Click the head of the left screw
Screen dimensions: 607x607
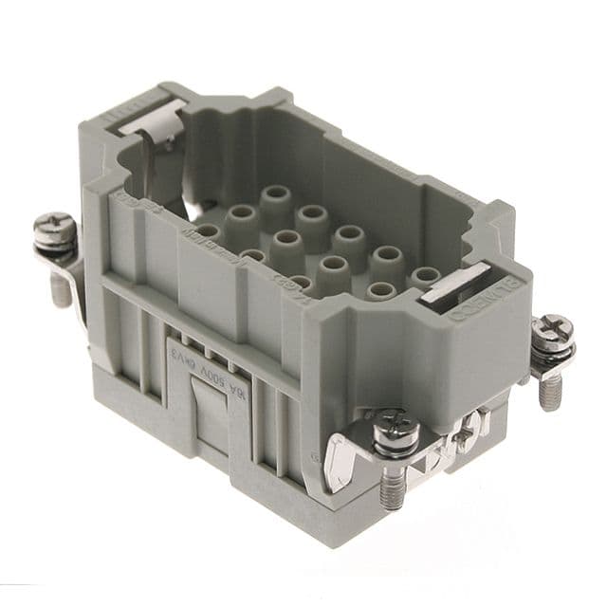[x=53, y=229]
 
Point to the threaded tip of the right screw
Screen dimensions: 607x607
[x=549, y=394]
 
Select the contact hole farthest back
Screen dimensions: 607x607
[x=276, y=194]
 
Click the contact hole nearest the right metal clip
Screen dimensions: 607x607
[x=425, y=275]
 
